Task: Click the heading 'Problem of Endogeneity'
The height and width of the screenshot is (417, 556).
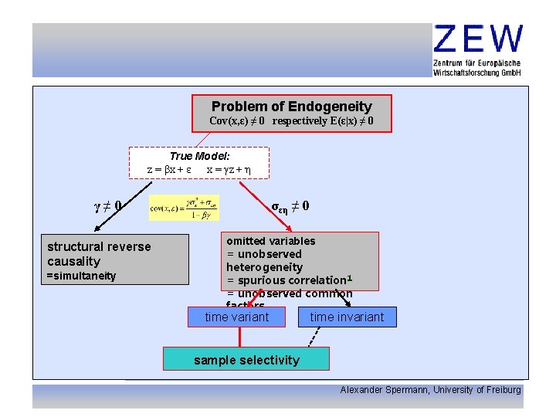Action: tap(292, 107)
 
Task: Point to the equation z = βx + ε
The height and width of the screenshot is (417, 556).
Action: tap(169, 168)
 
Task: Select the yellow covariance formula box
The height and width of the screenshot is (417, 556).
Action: tap(184, 208)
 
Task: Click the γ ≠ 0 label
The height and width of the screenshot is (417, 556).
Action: tap(106, 206)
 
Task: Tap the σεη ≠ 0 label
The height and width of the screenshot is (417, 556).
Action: tap(290, 206)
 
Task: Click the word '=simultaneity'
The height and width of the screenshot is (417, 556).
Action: tap(82, 276)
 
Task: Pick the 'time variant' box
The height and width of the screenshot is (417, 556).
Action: tap(237, 317)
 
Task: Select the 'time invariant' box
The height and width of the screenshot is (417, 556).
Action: tap(347, 317)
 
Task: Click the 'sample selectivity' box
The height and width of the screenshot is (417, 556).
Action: tap(246, 360)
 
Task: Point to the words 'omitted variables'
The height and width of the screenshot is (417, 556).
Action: tap(271, 241)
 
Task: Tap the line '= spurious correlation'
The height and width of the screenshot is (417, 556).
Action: tap(286, 280)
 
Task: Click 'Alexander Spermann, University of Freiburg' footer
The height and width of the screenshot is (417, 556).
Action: tap(430, 390)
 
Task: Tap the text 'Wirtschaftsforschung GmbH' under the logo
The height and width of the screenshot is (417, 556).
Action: tap(477, 72)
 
